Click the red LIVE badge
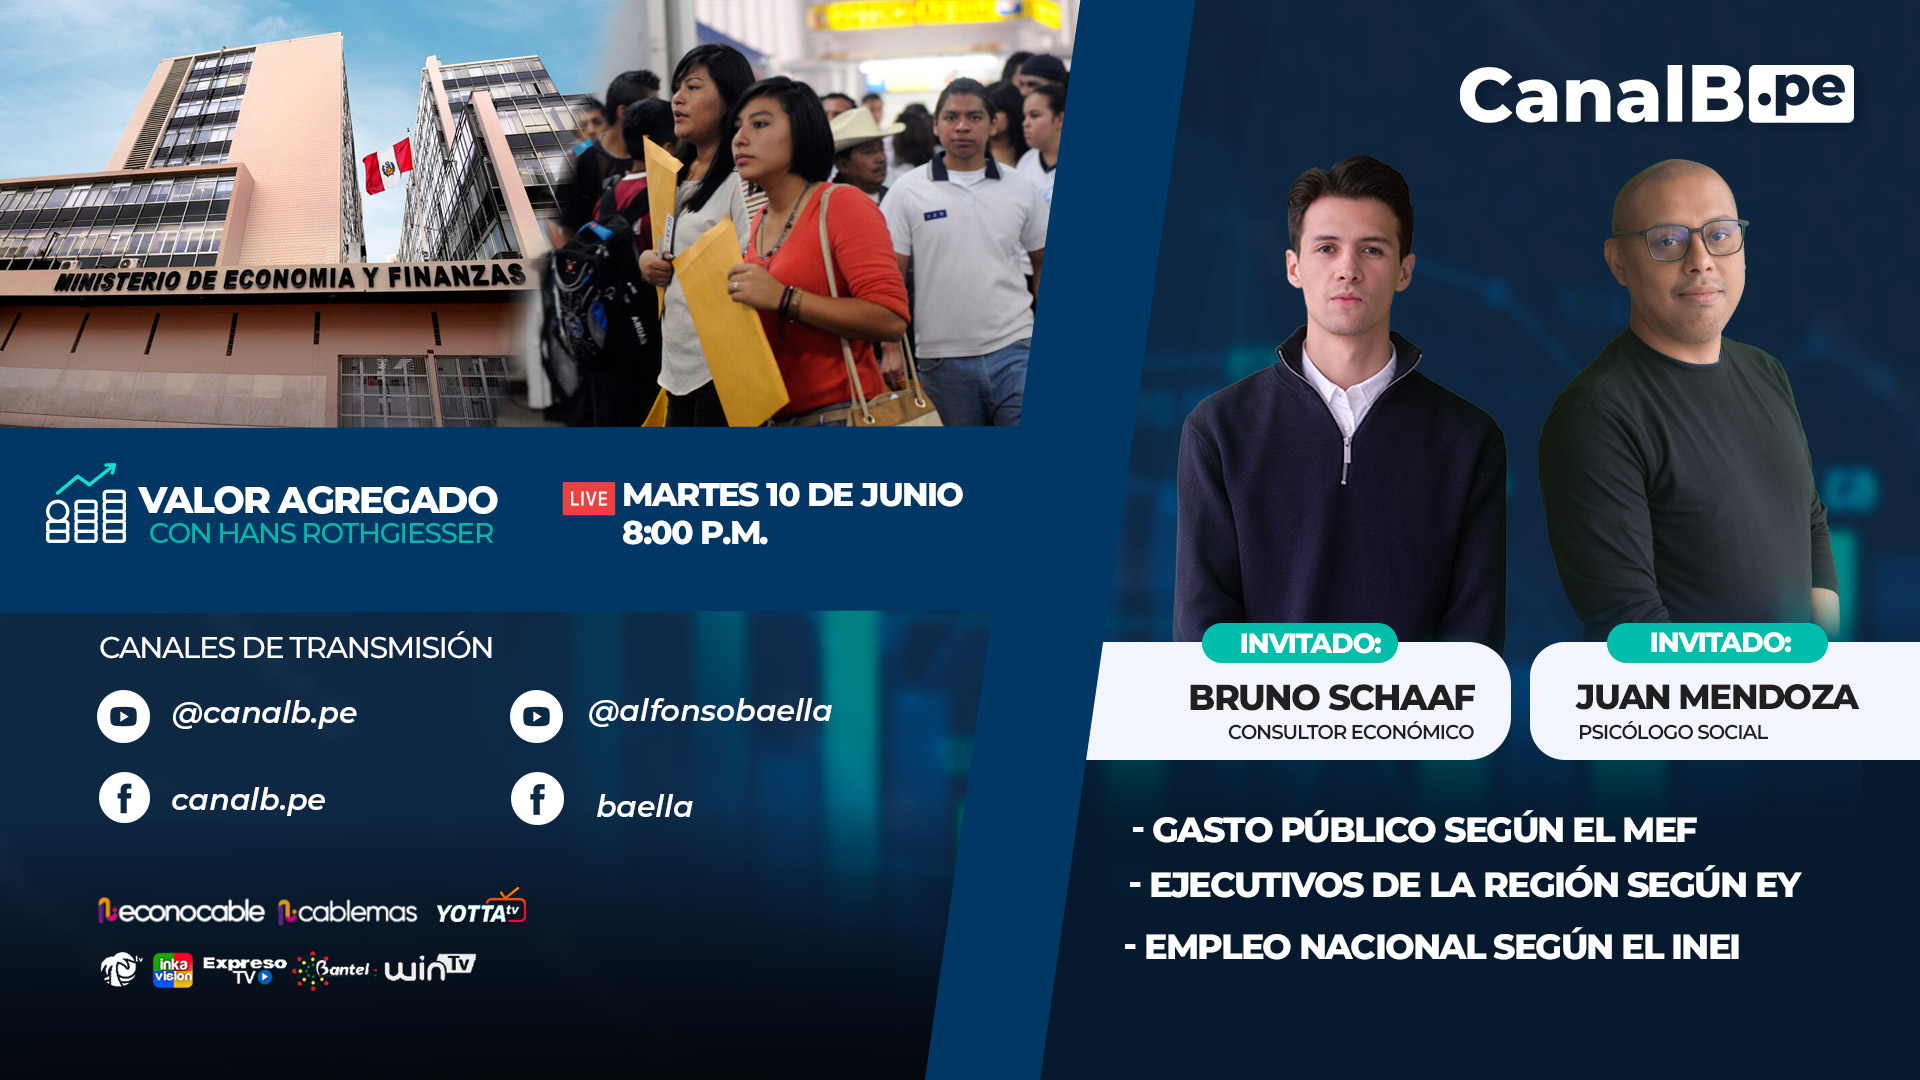click(x=588, y=498)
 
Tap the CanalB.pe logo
click(x=1656, y=95)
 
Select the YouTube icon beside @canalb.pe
click(x=123, y=716)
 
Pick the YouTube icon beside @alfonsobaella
click(x=536, y=716)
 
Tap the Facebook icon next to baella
click(x=537, y=798)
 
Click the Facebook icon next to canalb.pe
click(x=124, y=798)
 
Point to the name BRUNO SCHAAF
click(x=1331, y=697)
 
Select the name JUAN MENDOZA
click(x=1717, y=697)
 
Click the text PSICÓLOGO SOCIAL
click(x=1673, y=732)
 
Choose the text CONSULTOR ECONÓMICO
click(x=1350, y=732)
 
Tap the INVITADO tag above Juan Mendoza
click(x=1718, y=642)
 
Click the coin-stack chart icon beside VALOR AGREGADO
click(x=86, y=503)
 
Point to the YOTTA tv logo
click(x=481, y=907)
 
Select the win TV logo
click(x=430, y=968)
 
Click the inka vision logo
click(x=173, y=970)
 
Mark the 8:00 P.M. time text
click(x=695, y=533)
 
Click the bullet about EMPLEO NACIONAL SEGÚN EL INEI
click(x=1432, y=947)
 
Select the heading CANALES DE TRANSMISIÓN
click(x=296, y=648)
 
